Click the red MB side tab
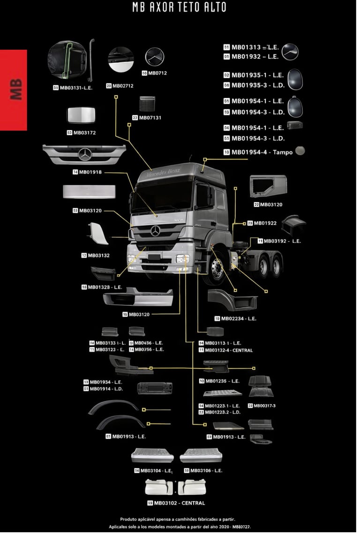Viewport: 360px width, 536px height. pyautogui.click(x=14, y=90)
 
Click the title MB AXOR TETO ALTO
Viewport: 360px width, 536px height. pyautogui.click(x=180, y=8)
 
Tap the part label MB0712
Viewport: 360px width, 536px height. pyautogui.click(x=157, y=73)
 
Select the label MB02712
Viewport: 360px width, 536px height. pyautogui.click(x=123, y=86)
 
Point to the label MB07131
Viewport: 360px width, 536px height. pyautogui.click(x=150, y=118)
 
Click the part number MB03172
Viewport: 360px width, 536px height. pyautogui.click(x=84, y=133)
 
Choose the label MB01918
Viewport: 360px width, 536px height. pyautogui.click(x=90, y=172)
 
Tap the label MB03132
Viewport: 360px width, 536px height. pyautogui.click(x=98, y=256)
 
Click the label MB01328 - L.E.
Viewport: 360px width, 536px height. pyautogui.click(x=105, y=287)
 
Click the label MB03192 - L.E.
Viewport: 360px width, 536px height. pyautogui.click(x=282, y=241)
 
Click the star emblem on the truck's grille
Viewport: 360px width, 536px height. pyautogui.click(x=156, y=231)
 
